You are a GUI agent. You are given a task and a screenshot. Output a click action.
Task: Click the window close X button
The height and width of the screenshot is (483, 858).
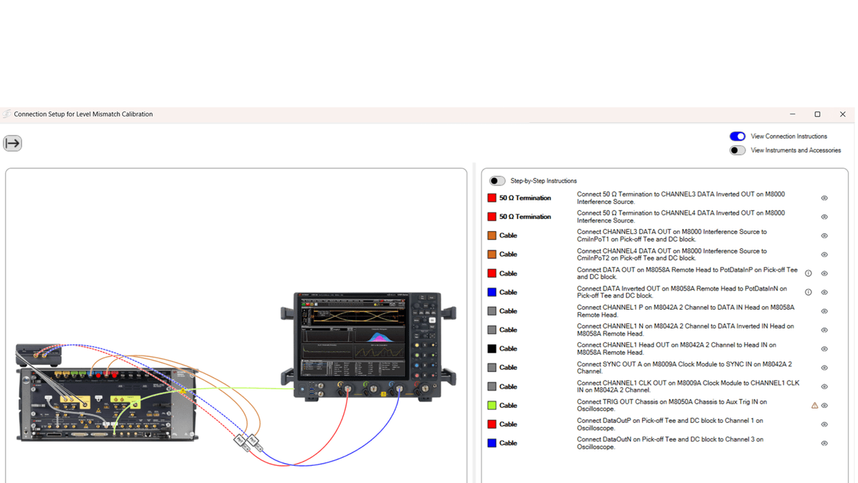coord(842,114)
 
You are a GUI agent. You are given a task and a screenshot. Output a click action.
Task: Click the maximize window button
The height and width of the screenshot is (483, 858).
coord(817,114)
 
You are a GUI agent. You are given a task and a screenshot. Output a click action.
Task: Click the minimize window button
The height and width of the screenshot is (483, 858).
coord(792,114)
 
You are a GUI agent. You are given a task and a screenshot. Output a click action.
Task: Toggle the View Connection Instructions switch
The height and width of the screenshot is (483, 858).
coord(737,136)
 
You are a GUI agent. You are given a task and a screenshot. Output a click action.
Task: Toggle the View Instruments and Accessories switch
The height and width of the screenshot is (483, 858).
coord(737,150)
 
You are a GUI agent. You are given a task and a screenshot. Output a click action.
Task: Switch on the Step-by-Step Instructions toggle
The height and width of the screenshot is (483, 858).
coord(497,181)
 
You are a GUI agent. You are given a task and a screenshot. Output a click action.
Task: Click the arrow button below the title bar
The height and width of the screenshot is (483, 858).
coord(13,143)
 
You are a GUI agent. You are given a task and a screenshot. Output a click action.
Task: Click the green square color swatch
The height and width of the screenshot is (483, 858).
coord(492,406)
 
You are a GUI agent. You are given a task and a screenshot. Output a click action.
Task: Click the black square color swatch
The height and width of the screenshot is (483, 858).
coord(492,349)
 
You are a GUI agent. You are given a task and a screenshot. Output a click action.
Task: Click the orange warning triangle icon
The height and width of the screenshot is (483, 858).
coord(814,406)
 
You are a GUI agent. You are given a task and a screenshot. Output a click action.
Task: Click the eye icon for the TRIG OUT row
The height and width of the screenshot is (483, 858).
coord(824,406)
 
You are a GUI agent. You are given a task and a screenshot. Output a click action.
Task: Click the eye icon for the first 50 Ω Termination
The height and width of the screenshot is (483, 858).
coord(824,198)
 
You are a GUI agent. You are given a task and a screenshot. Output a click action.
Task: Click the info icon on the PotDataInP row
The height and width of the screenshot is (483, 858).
coord(809,273)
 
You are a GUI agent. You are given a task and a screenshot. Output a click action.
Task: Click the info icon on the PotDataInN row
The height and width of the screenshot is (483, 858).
coord(809,292)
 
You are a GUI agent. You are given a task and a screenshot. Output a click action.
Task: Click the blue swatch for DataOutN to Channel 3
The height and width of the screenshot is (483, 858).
coord(492,444)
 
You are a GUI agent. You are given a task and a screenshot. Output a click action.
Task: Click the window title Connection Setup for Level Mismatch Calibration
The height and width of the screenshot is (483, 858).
coord(83,114)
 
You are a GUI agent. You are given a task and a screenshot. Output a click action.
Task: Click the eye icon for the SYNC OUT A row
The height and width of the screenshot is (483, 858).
coord(824,368)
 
